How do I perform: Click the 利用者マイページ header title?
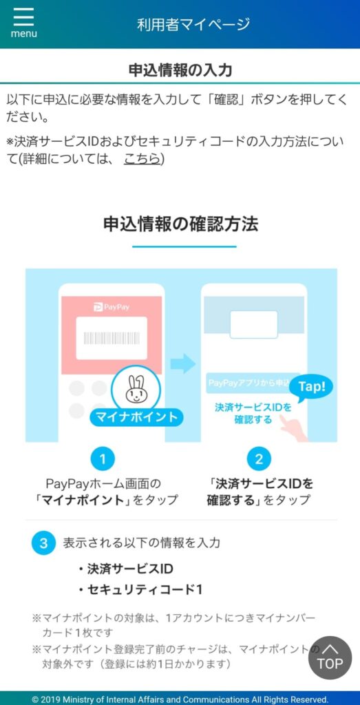193,24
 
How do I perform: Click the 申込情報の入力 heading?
180,71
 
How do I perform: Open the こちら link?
142,159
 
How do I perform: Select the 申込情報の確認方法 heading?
180,224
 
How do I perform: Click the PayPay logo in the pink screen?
112,308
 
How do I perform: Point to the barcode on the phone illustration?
112,338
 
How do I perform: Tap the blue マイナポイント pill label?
135,417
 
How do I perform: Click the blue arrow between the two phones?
183,364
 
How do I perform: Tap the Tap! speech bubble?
311,387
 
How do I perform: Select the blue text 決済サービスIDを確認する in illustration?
253,413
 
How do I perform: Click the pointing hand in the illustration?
295,426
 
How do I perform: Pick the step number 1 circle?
103,459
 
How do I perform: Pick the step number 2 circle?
259,459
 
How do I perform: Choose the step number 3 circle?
43,543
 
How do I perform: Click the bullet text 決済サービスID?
125,569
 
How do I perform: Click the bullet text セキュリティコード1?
140,590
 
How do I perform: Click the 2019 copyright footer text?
180,699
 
